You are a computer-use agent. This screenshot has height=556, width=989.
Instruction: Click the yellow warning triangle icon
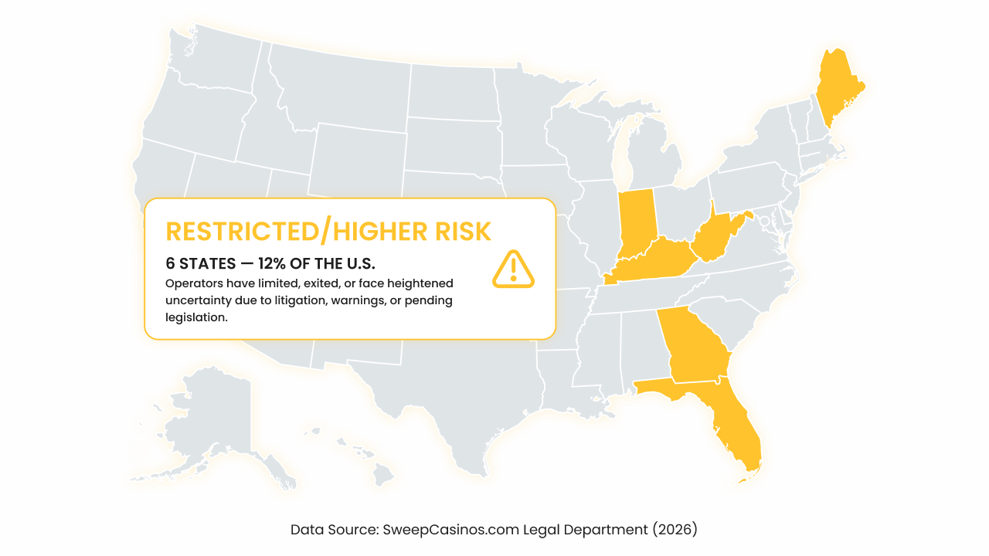pos(513,269)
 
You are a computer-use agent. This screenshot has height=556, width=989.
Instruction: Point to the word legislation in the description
pos(196,317)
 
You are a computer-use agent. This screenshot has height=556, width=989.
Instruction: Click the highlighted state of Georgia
pos(692,347)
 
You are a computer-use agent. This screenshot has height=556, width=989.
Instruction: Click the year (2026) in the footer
pos(674,530)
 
